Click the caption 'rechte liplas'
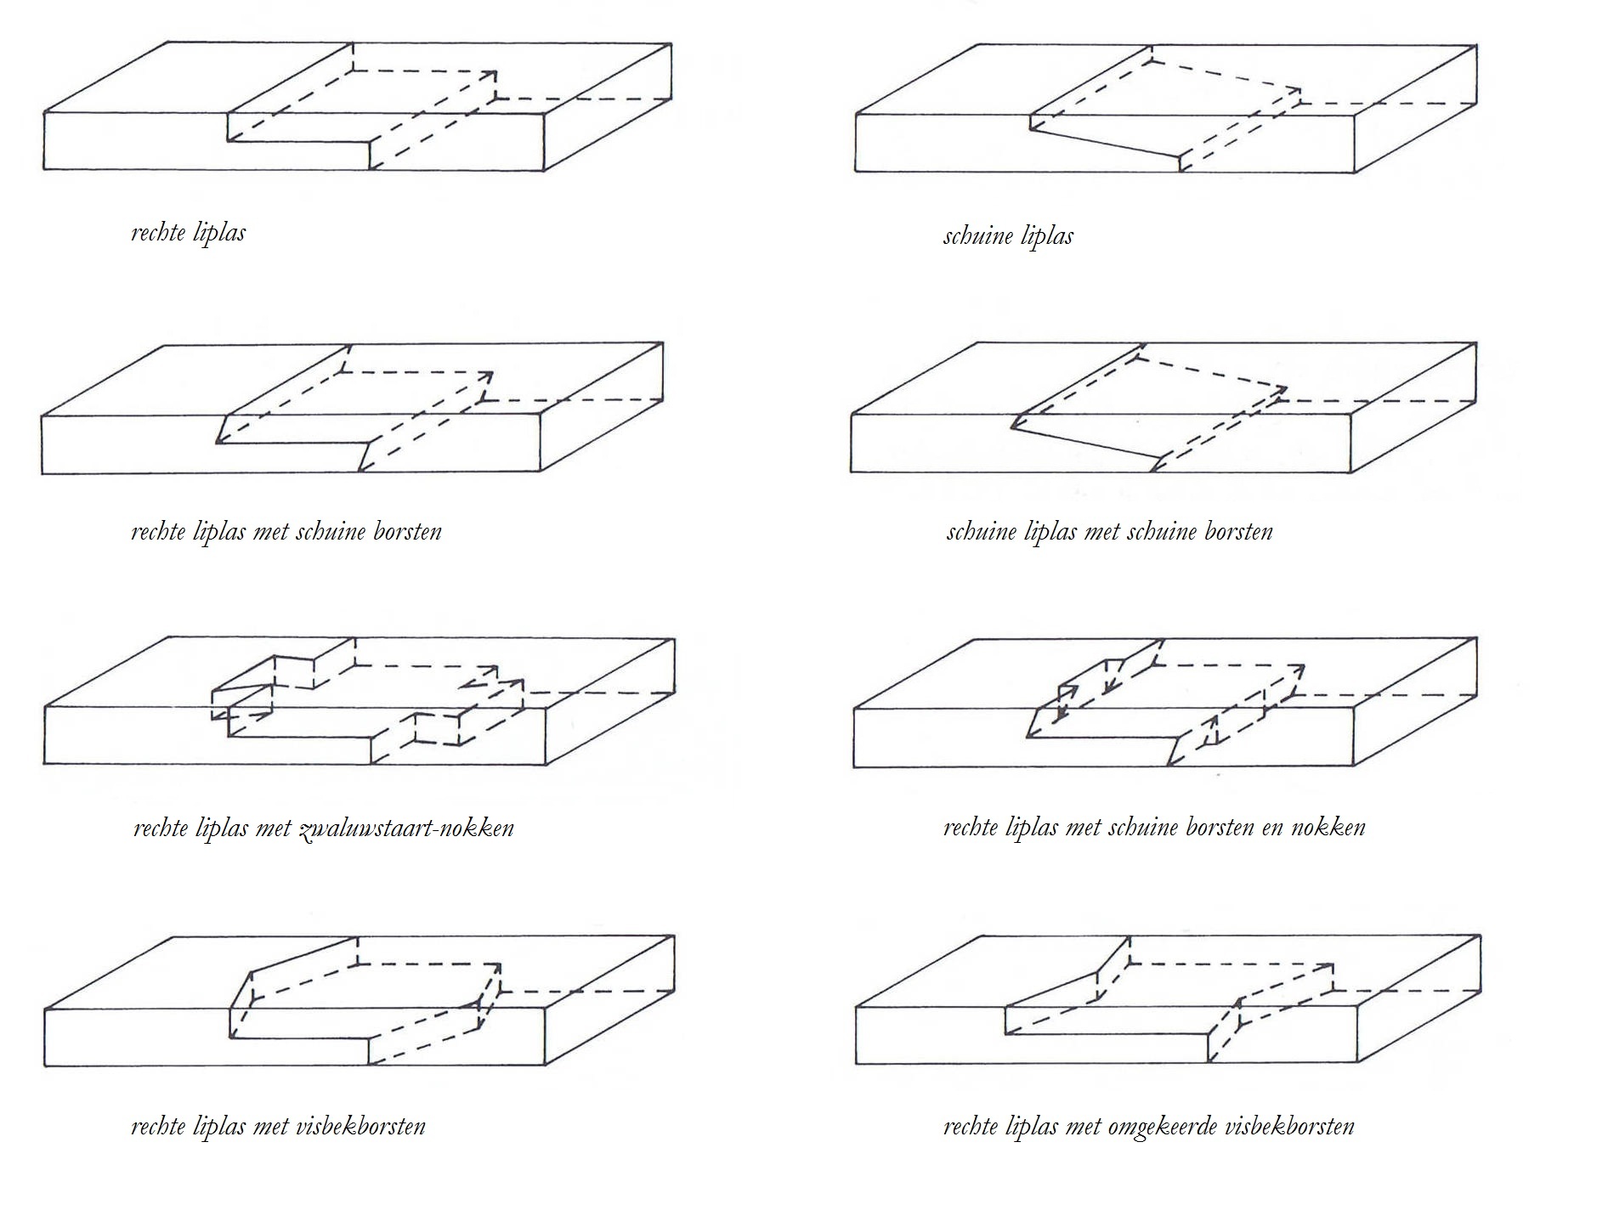[188, 233]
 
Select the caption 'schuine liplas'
[1008, 236]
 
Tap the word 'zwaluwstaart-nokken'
[406, 828]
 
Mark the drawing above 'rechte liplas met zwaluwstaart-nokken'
[359, 701]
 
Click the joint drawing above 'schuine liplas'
[1165, 109]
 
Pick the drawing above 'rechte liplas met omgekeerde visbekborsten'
[1168, 999]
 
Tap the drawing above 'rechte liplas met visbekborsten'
[359, 1001]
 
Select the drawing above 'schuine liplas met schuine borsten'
[1164, 408]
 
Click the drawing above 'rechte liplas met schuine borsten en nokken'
[1165, 702]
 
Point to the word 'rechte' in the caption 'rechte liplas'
[158, 233]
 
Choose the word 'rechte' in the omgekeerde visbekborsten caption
[971, 1127]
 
